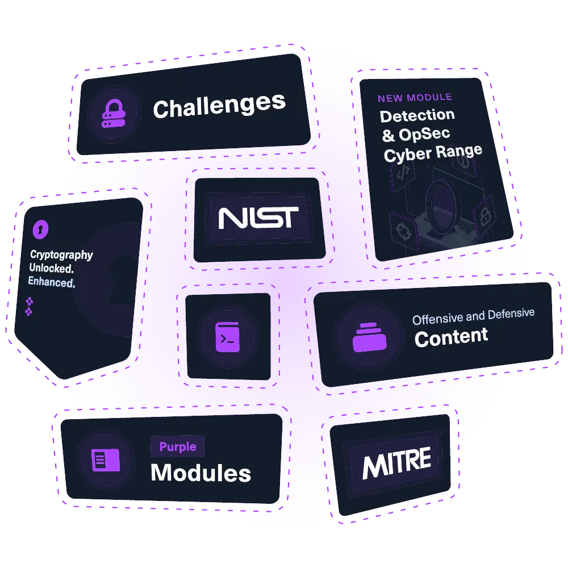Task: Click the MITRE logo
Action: [x=397, y=463]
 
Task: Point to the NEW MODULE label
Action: [x=415, y=98]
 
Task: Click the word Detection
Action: [x=417, y=116]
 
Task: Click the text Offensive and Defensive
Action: [x=473, y=316]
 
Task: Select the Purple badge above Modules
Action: [x=177, y=447]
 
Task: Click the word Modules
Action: [x=201, y=473]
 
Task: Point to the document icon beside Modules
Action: [x=106, y=460]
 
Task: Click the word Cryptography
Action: [x=61, y=255]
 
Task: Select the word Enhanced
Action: [x=52, y=282]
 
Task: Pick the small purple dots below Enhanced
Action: [x=29, y=306]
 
